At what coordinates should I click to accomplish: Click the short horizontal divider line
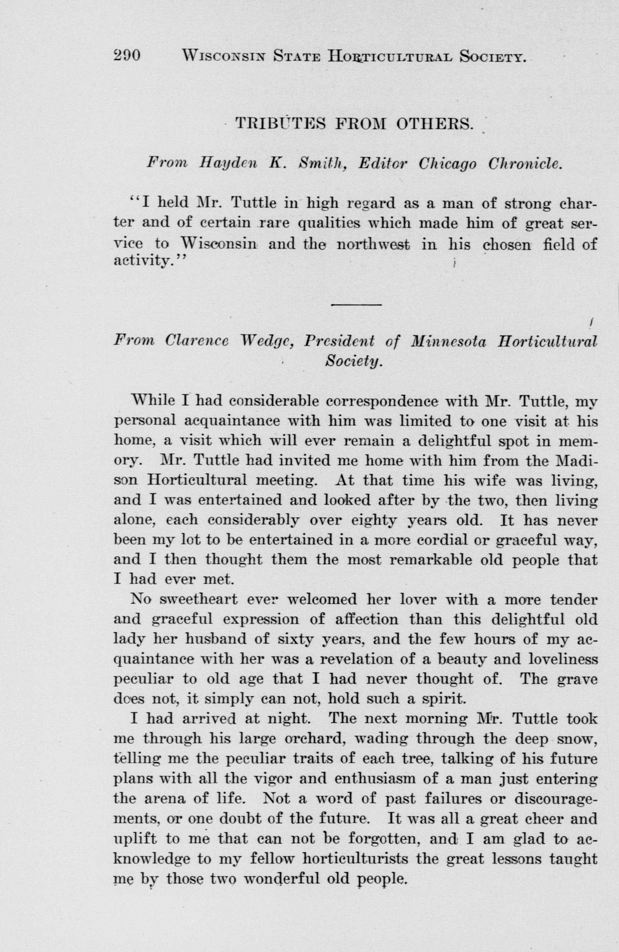pos(357,306)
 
